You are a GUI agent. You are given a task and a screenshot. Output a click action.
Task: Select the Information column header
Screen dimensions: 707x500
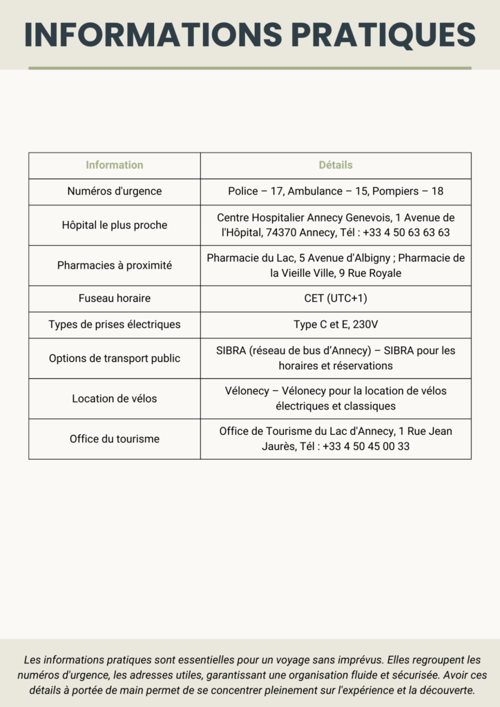115,165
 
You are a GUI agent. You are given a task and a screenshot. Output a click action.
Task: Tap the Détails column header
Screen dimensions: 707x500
336,165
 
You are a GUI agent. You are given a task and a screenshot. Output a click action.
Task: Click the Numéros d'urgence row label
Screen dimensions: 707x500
115,191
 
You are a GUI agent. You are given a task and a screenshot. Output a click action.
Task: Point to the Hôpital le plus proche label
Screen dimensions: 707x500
115,225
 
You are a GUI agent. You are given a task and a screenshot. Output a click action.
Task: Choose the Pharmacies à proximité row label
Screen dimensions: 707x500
115,265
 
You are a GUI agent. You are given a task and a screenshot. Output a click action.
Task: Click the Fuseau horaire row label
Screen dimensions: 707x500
115,298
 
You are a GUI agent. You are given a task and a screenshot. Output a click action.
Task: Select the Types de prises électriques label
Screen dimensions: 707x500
115,325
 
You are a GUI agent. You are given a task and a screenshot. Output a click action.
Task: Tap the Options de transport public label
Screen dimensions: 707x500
115,358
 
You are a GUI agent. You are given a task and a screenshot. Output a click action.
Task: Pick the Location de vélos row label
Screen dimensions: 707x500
115,398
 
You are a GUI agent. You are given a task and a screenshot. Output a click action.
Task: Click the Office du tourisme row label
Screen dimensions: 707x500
115,438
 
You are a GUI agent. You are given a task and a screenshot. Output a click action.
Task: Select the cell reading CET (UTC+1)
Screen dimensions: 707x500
336,298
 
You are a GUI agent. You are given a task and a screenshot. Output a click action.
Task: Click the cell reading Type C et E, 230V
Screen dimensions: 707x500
336,325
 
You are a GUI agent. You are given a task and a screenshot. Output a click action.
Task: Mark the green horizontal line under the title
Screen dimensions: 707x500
249,68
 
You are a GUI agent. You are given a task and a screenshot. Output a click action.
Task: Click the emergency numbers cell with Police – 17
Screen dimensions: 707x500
336,191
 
